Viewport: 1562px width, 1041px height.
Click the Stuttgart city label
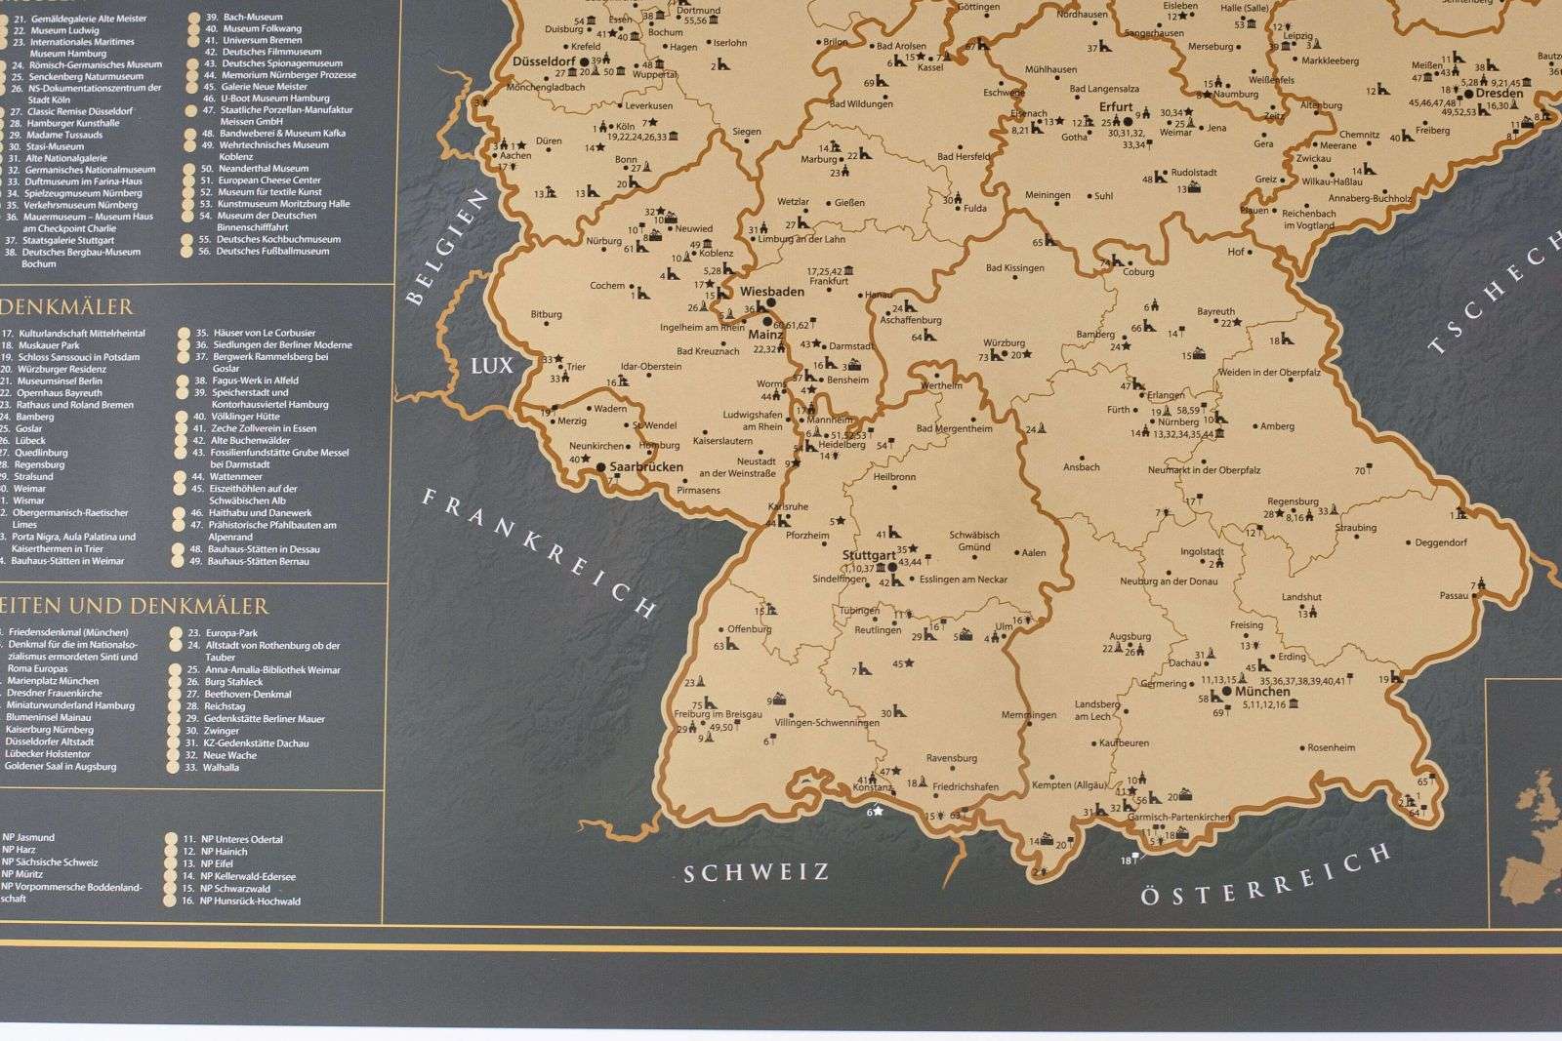(868, 555)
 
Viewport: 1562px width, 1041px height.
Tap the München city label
(1262, 691)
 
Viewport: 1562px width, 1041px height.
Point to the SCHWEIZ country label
(756, 872)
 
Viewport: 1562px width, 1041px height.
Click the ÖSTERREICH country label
(1266, 876)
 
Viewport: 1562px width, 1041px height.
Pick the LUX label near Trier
(491, 366)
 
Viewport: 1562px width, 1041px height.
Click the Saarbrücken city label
(646, 467)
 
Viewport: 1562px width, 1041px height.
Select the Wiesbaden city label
(771, 291)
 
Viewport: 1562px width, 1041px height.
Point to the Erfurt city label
(1116, 107)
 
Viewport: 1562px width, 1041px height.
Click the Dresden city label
(1500, 94)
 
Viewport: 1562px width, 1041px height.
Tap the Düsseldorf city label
(544, 60)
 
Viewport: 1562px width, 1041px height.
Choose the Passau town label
(1454, 595)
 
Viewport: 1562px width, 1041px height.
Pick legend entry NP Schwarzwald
(235, 889)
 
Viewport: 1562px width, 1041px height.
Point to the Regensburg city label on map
(1293, 501)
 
